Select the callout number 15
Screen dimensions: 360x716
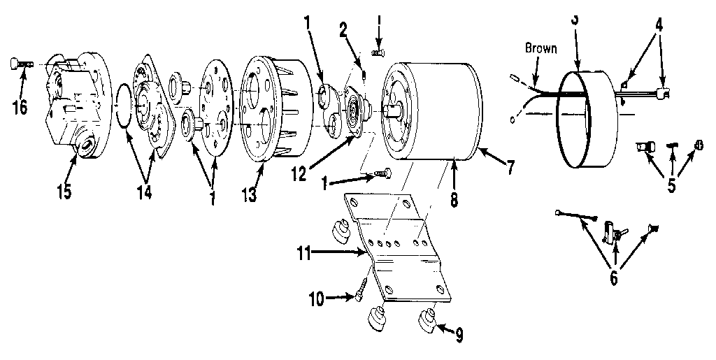(x=64, y=190)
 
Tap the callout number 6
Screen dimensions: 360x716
(x=615, y=278)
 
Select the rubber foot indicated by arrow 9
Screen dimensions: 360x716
(x=428, y=323)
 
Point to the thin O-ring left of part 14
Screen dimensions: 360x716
(x=124, y=106)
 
